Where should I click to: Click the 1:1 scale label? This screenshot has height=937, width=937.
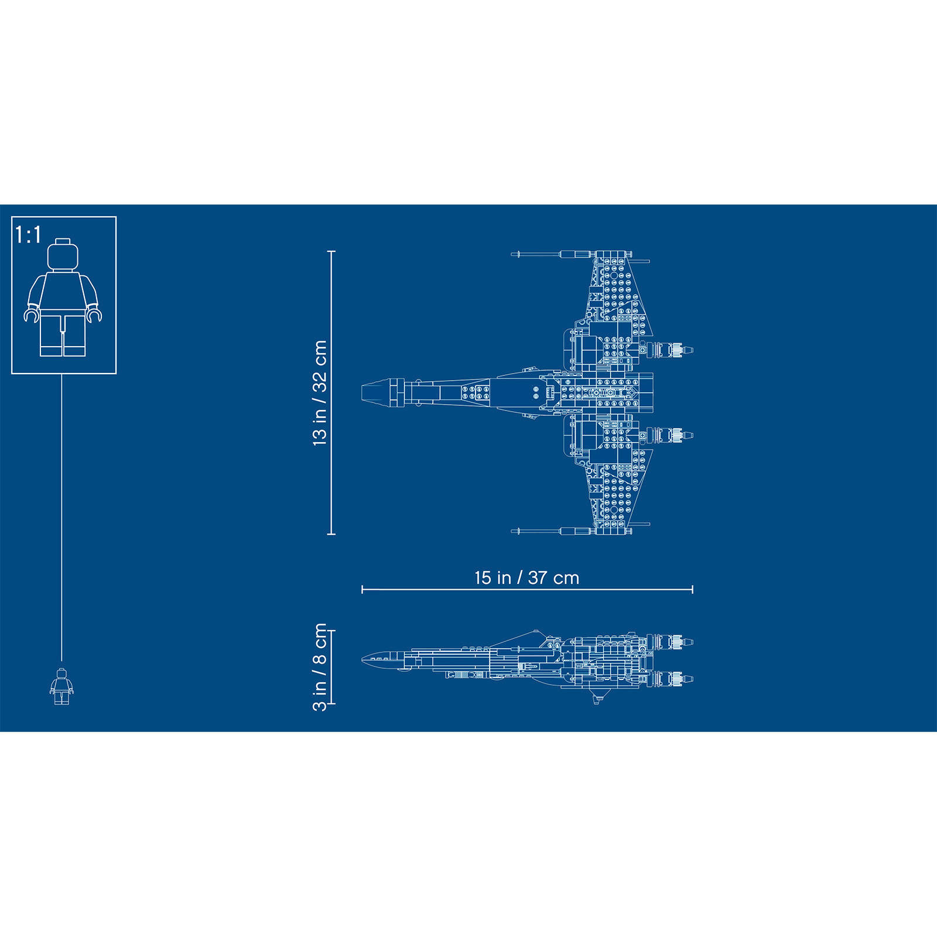pos(28,235)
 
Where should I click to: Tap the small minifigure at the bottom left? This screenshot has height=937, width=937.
pos(61,686)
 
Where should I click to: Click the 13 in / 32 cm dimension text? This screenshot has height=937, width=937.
pos(320,393)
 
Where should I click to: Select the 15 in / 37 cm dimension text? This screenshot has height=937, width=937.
pos(527,578)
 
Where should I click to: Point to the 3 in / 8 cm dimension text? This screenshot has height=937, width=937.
pos(320,667)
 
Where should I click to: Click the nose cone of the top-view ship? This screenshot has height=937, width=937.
pos(375,392)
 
